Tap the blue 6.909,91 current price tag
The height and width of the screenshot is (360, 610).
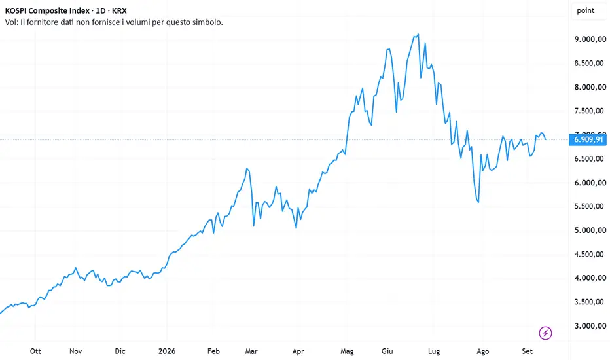pos(588,139)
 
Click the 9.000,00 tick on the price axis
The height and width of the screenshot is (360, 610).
pos(590,39)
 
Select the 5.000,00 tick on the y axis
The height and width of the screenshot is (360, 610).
pos(590,230)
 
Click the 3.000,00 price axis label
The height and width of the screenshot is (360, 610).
pos(590,326)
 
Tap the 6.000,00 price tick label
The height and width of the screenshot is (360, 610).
pos(590,183)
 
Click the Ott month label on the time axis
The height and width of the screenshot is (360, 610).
pos(35,351)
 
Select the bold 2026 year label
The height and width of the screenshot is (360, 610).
pos(167,351)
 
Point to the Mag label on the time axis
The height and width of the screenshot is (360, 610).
pos(347,351)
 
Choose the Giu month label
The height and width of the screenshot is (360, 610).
pos(387,351)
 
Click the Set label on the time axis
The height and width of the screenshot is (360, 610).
pos(527,351)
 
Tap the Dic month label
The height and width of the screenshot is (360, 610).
pos(120,351)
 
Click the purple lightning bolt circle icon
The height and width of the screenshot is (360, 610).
pos(545,333)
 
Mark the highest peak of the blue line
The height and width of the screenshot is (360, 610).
pos(418,34)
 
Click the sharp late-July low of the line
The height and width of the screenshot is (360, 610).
pos(478,202)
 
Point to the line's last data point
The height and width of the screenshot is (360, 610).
pos(546,139)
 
